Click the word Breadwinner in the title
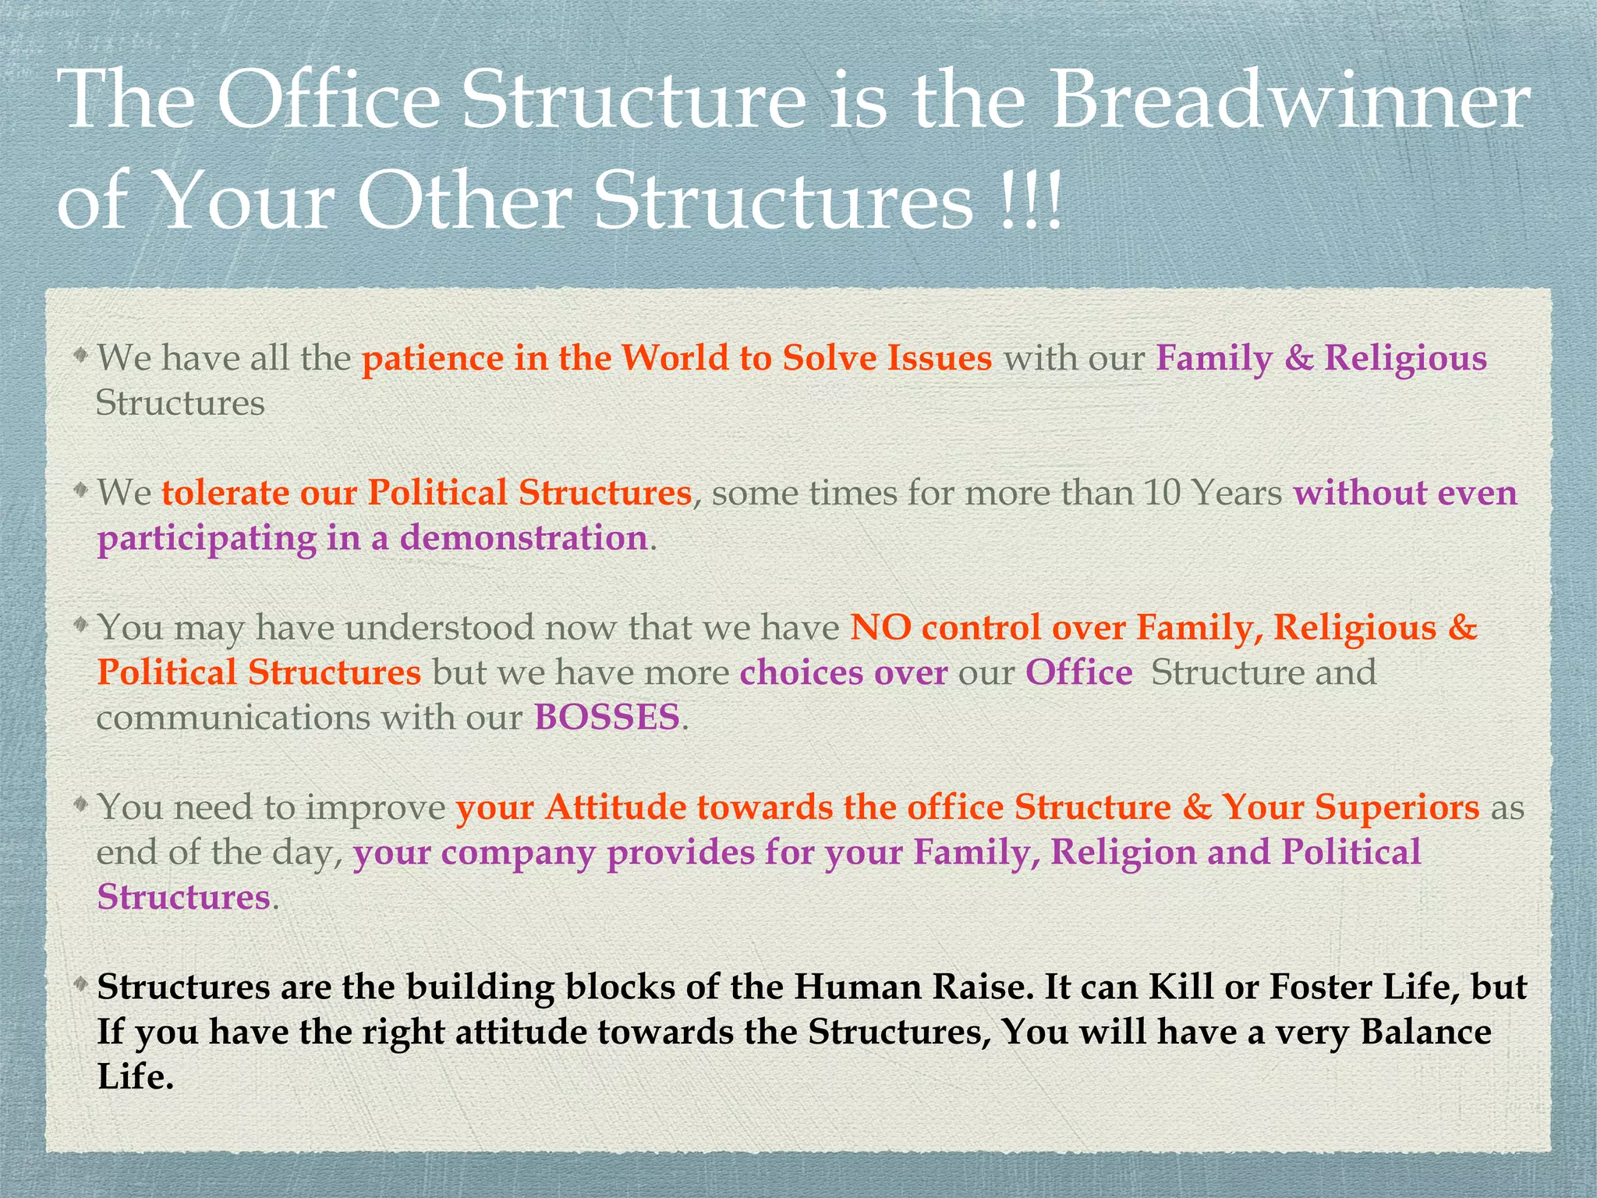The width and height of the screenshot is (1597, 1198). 1291,101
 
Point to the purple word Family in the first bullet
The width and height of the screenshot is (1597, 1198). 1213,360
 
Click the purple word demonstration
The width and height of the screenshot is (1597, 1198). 523,538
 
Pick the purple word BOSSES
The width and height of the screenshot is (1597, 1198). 607,718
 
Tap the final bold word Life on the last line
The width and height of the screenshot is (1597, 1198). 133,1077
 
